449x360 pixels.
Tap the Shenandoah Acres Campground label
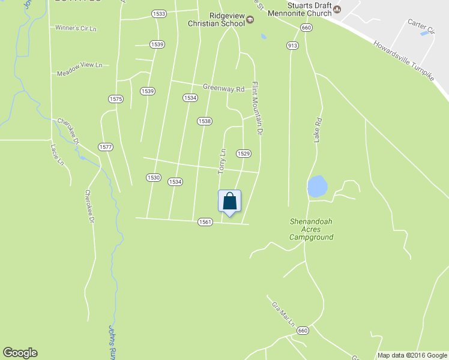311,229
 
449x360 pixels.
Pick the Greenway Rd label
223,88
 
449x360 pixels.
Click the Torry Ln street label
222,161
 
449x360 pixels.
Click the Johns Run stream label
113,343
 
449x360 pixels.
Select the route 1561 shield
205,222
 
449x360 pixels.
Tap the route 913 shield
293,46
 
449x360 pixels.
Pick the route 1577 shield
106,147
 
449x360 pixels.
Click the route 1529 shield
243,154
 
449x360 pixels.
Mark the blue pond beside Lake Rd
317,186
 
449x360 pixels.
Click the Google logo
20,353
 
